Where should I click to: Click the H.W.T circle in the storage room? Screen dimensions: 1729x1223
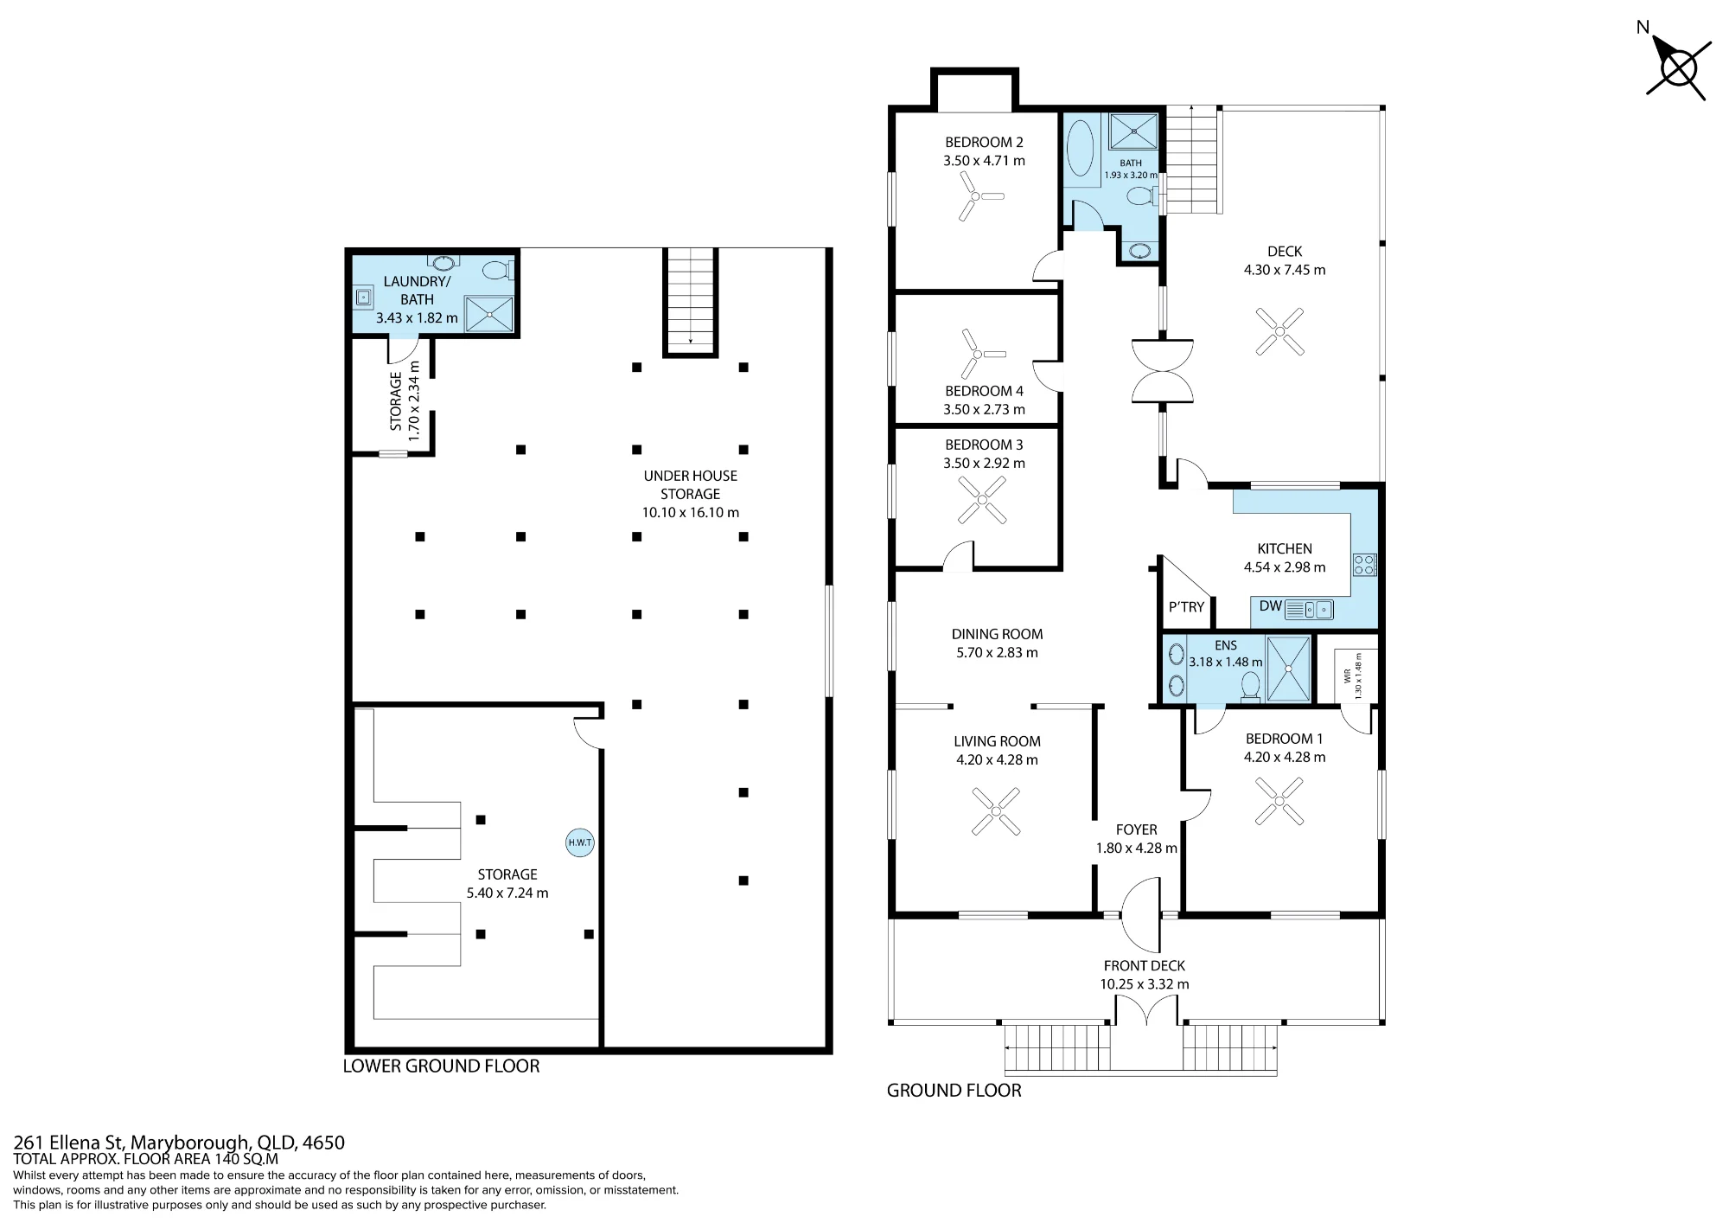(580, 842)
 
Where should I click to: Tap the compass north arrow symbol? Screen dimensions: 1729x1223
(1678, 69)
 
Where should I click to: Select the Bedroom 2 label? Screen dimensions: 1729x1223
(984, 142)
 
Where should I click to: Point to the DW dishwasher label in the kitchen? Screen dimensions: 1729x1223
(1270, 605)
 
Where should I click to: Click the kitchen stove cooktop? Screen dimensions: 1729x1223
(1364, 565)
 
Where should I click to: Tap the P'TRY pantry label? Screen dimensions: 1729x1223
(1186, 607)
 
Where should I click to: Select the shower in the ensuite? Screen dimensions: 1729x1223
(1288, 669)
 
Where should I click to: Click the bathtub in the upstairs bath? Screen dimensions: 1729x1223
(1081, 148)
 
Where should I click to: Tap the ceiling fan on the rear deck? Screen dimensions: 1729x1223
(1279, 331)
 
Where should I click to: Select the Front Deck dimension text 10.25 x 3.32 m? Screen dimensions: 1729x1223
(1144, 984)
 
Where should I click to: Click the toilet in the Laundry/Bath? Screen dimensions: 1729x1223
(497, 271)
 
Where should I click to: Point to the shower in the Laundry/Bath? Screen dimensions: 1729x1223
(489, 314)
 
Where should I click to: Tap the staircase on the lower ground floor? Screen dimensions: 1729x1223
(691, 301)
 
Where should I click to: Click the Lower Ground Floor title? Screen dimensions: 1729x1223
(441, 1066)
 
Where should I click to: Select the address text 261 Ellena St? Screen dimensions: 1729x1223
(69, 1143)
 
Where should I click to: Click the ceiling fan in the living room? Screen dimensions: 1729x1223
(996, 811)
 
